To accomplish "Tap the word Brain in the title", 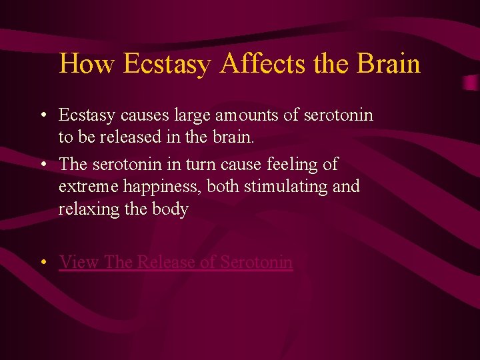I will coord(389,63).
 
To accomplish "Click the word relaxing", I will coord(84,209).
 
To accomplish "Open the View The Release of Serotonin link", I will coord(175,262).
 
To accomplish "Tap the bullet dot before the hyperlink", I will coord(42,263).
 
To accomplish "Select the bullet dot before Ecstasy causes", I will coord(42,116).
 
